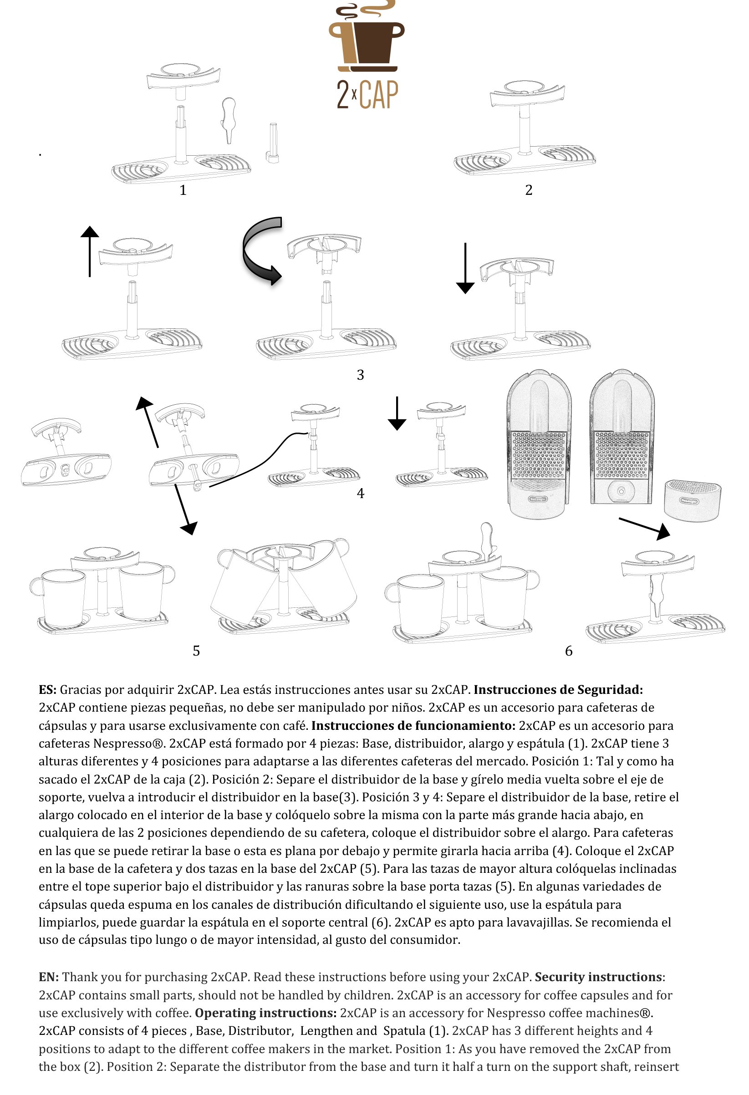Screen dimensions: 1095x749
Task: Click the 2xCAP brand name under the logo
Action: (367, 94)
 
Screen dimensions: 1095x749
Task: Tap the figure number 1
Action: (183, 190)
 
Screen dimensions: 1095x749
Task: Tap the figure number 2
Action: (529, 190)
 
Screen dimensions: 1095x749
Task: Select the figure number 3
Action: (360, 375)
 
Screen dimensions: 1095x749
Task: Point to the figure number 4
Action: (360, 493)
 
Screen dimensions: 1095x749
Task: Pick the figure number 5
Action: (196, 651)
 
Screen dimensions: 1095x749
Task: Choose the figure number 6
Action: (569, 651)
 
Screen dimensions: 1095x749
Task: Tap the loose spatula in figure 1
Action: (228, 119)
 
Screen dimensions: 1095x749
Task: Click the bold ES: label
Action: (47, 690)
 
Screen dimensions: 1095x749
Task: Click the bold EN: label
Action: (49, 977)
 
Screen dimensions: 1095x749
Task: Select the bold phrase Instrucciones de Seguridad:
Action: (558, 690)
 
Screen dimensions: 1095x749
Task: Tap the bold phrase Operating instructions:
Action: (266, 1013)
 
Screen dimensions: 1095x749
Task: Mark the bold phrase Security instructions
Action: (598, 977)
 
